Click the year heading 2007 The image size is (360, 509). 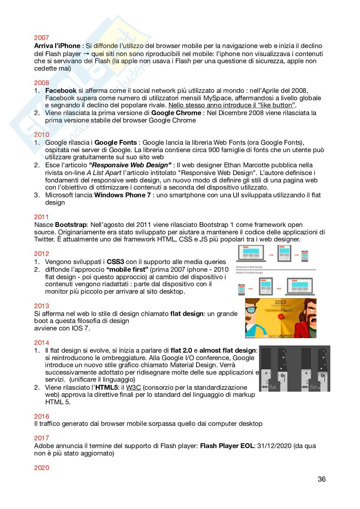click(x=41, y=38)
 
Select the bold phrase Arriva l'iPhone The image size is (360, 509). click(x=57, y=46)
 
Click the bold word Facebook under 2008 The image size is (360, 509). click(x=61, y=91)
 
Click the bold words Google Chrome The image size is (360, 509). click(x=176, y=113)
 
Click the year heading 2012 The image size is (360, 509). click(x=41, y=254)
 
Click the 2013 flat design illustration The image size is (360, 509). click(x=280, y=318)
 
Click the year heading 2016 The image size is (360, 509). click(x=41, y=416)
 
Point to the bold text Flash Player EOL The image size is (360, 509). click(x=227, y=446)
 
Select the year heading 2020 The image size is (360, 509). click(x=41, y=467)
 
